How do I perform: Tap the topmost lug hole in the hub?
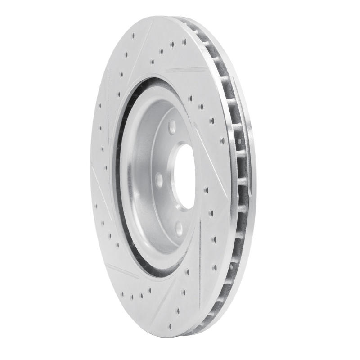point(172,128)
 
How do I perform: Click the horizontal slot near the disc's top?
point(184,71)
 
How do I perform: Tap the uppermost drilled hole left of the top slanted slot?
point(133,35)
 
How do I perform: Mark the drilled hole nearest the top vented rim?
point(184,41)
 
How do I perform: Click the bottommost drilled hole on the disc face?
point(178,310)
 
